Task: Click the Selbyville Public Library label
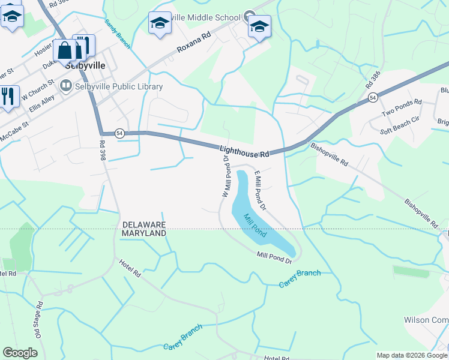point(119,86)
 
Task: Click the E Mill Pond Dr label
point(260,190)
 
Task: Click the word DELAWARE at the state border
point(144,224)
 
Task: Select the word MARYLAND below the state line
point(143,233)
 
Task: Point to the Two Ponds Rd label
point(402,109)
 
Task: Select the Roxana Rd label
point(194,44)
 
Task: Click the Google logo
point(20,353)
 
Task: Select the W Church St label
point(38,88)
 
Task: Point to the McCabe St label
point(14,132)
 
